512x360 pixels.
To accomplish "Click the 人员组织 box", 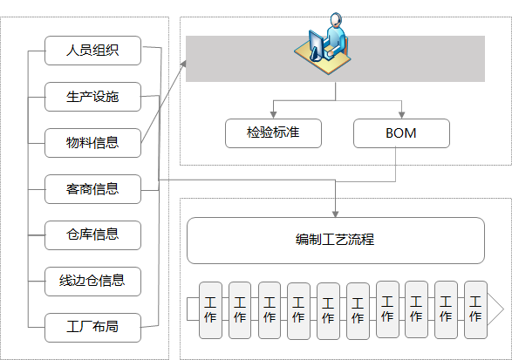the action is pyautogui.click(x=92, y=51).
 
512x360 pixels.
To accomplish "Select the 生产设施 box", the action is pyautogui.click(x=92, y=97).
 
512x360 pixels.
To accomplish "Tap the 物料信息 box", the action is pyautogui.click(x=92, y=143).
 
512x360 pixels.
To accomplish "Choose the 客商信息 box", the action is pyautogui.click(x=92, y=189).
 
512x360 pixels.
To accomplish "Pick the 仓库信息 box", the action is pyautogui.click(x=92, y=235).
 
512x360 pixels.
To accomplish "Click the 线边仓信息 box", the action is pyautogui.click(x=92, y=282).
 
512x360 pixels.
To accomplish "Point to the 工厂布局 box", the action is pyautogui.click(x=92, y=328).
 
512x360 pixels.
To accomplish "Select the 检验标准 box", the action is pyautogui.click(x=273, y=133).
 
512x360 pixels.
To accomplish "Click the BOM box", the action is pyautogui.click(x=401, y=133).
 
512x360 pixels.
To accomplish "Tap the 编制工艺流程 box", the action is pyautogui.click(x=336, y=241).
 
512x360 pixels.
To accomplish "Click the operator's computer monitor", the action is pyautogui.click(x=316, y=45).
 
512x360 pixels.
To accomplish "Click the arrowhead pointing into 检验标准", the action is pyautogui.click(x=273, y=115).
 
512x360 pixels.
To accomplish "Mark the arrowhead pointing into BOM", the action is pyautogui.click(x=401, y=115).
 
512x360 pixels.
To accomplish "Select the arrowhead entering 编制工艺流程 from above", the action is pyautogui.click(x=335, y=214).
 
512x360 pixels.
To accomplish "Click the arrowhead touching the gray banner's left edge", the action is pyautogui.click(x=183, y=64).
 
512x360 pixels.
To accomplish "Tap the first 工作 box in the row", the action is pyautogui.click(x=210, y=310).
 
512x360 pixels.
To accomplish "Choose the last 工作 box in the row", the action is pyautogui.click(x=475, y=309).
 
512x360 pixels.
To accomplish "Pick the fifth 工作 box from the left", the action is pyautogui.click(x=328, y=311).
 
